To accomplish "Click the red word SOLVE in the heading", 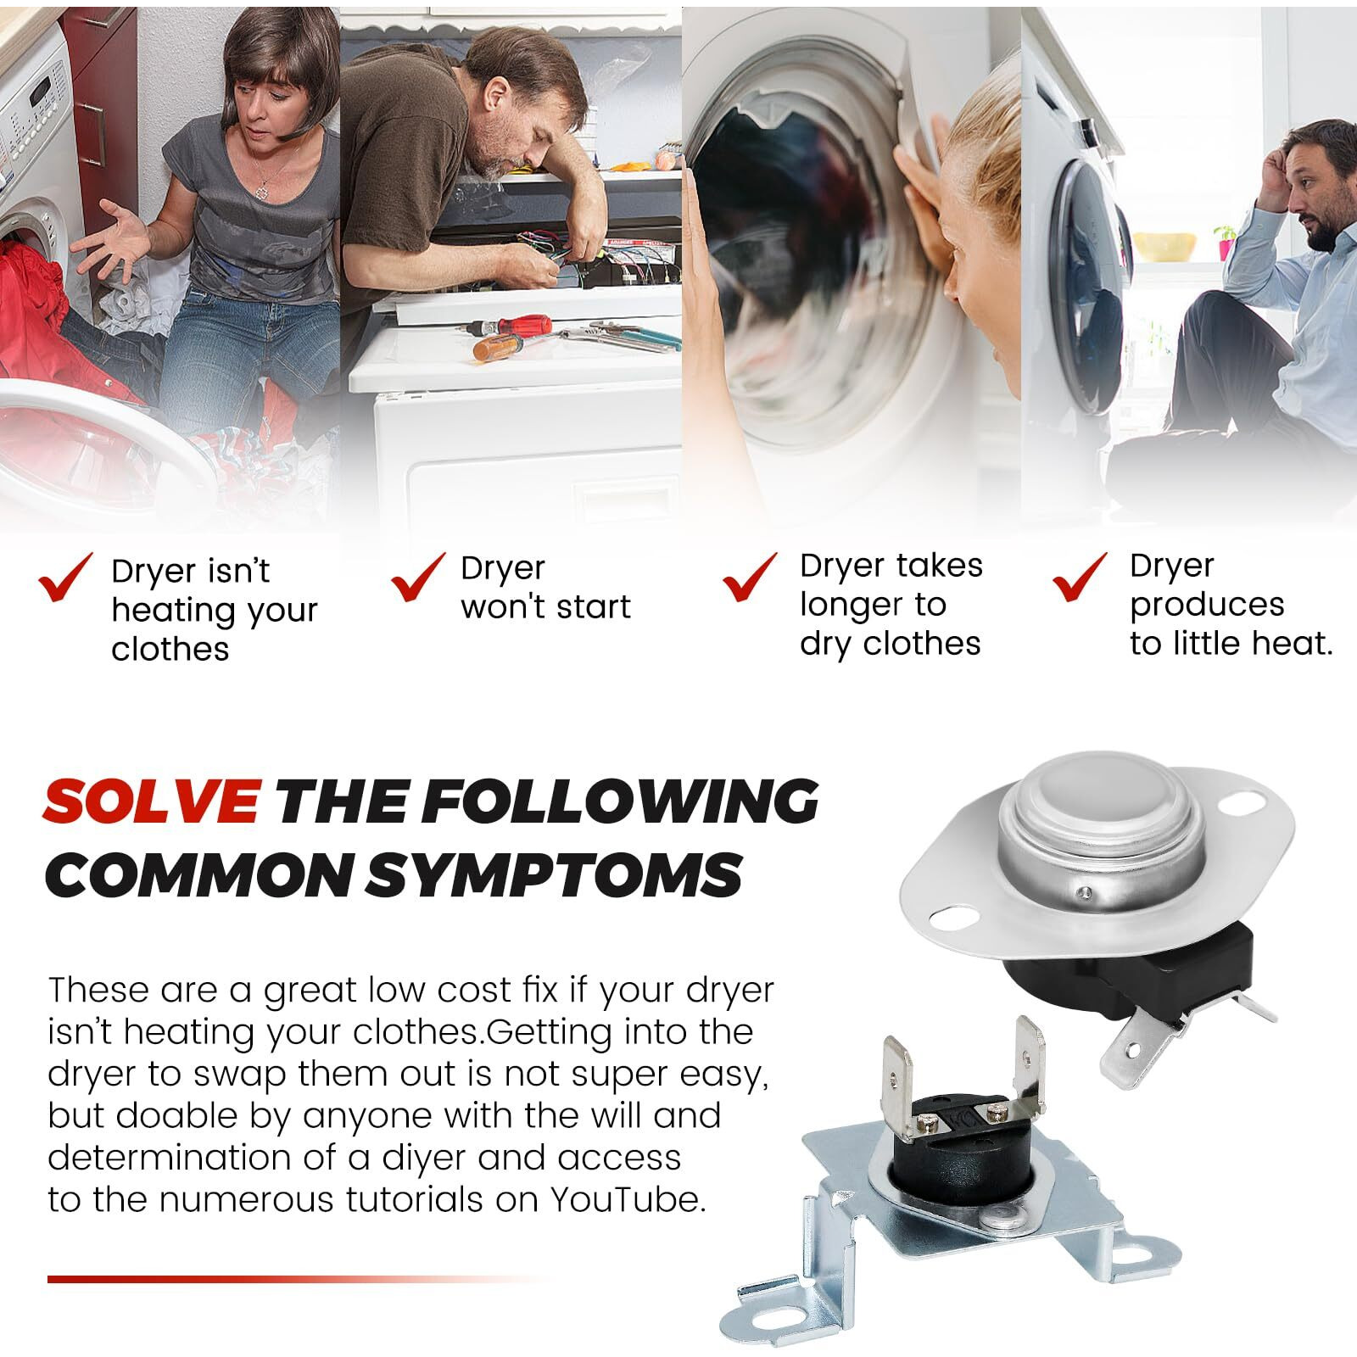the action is [x=152, y=800].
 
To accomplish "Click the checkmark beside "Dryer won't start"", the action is [x=418, y=577].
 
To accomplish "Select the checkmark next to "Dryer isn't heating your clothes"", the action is [x=65, y=577].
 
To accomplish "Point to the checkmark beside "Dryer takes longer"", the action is [x=750, y=577].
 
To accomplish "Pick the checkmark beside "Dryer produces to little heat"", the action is [x=1080, y=577].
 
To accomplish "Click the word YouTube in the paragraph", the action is [x=628, y=1200].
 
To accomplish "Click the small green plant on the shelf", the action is [x=1224, y=241].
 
